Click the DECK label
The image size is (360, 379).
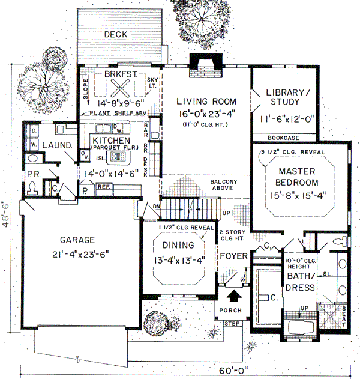115,35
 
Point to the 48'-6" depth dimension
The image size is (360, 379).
6,213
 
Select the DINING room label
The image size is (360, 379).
178,245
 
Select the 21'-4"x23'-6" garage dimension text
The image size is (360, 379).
78,252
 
